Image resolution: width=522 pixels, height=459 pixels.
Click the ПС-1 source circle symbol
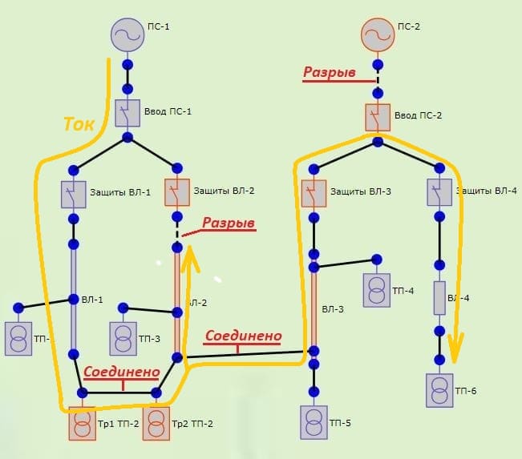click(127, 34)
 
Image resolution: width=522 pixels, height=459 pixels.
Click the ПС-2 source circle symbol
click(378, 34)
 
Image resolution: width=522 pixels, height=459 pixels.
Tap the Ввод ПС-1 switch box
click(127, 113)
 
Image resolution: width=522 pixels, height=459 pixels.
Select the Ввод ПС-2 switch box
click(377, 117)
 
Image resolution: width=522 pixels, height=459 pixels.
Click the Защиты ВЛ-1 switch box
click(73, 193)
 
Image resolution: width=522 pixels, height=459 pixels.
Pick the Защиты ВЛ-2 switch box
click(177, 192)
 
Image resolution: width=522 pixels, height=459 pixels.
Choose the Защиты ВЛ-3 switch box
click(314, 192)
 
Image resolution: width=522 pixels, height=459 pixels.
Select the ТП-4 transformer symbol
click(377, 289)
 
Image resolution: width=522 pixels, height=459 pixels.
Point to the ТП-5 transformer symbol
click(314, 422)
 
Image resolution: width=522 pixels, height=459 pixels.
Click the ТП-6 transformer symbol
click(439, 389)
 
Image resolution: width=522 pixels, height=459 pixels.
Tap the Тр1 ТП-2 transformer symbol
click(81, 424)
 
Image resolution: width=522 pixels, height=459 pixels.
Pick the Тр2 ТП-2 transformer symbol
click(157, 424)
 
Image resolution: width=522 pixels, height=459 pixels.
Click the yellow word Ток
click(79, 124)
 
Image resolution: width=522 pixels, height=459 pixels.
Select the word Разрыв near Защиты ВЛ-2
click(229, 223)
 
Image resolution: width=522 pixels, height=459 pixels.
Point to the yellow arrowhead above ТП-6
click(455, 348)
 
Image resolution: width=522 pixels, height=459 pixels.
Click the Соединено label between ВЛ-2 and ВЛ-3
click(243, 336)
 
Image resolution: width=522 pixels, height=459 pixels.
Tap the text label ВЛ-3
click(334, 308)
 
